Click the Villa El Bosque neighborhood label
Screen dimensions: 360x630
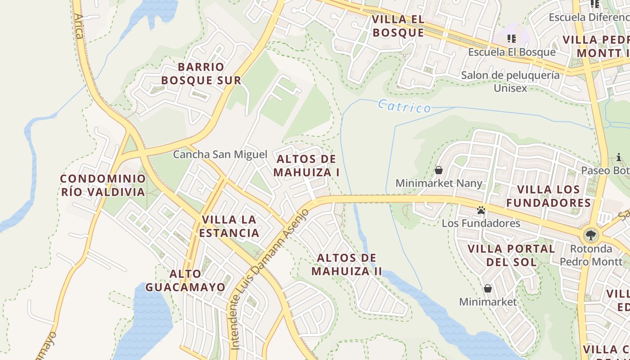click(x=398, y=26)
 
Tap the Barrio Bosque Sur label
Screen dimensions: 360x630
click(x=201, y=74)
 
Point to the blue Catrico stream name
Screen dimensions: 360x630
click(x=404, y=106)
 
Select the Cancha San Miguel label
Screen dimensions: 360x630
click(x=220, y=154)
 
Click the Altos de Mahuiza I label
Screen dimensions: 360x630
click(x=306, y=166)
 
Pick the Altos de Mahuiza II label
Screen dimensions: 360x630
click(x=346, y=265)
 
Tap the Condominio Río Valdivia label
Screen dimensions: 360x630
click(x=103, y=185)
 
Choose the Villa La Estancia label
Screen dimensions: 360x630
click(x=229, y=226)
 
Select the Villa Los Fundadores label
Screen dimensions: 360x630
click(x=549, y=196)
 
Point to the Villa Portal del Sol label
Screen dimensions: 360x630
click(x=511, y=255)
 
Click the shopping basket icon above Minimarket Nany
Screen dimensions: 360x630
click(x=439, y=170)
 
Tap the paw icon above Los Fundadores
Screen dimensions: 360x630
click(x=481, y=210)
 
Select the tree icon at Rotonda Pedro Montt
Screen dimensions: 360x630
click(x=590, y=235)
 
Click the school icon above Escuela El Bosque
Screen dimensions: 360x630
click(x=512, y=39)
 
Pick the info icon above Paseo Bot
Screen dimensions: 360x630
click(x=619, y=157)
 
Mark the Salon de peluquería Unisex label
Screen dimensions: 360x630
click(x=510, y=81)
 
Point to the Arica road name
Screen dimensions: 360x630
click(x=79, y=26)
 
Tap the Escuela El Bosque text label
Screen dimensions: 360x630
click(x=512, y=52)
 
